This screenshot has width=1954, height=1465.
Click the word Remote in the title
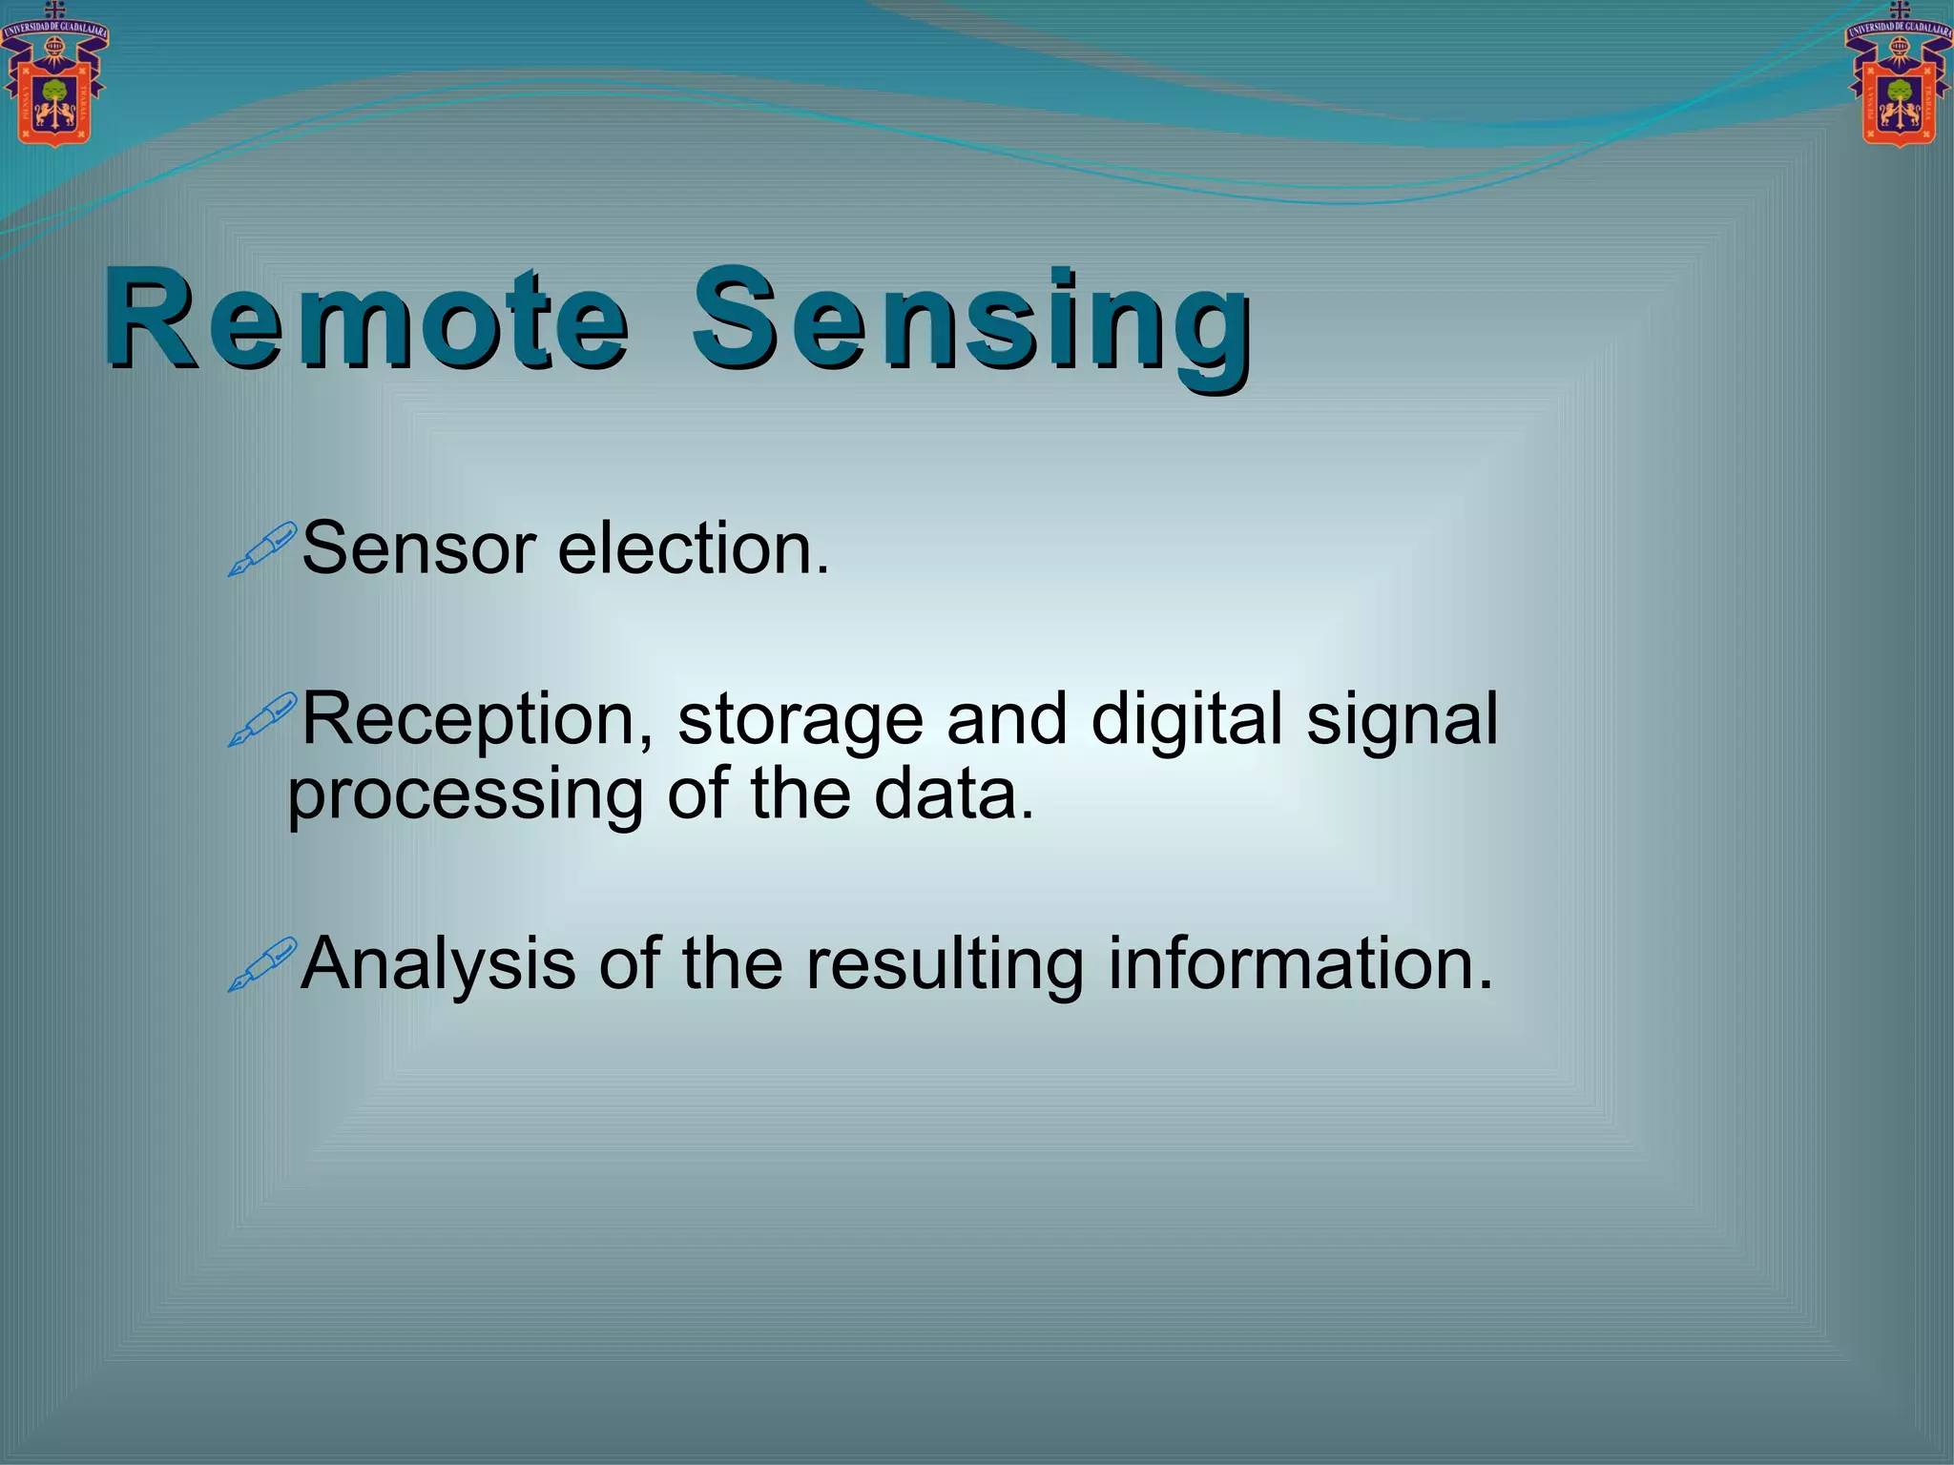click(x=367, y=320)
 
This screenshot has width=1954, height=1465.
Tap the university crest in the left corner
click(x=54, y=76)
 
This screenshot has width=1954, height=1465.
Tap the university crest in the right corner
click(x=1899, y=76)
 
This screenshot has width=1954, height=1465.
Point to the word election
click(x=693, y=549)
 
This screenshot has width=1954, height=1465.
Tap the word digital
click(x=1186, y=721)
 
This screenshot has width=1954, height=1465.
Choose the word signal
click(x=1402, y=721)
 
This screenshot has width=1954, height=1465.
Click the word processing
click(x=466, y=797)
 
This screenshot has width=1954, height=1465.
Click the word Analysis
click(x=438, y=965)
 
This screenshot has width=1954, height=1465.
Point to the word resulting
click(x=945, y=965)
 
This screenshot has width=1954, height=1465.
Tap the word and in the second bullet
click(x=1006, y=719)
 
